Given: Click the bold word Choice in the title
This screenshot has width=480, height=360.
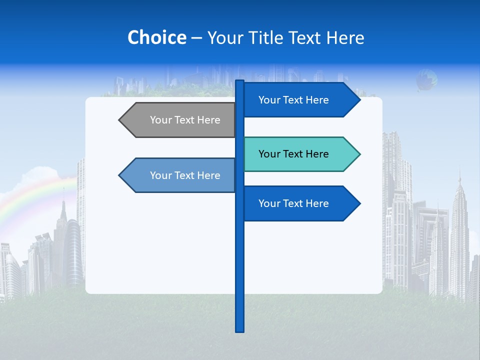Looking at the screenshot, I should click(156, 37).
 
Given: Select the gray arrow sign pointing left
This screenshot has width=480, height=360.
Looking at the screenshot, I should click(180, 120).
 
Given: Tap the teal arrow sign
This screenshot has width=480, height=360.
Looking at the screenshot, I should click(300, 154).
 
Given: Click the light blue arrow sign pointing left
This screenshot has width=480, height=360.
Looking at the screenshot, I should click(180, 175).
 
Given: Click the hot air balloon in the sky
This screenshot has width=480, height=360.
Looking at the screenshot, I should click(426, 80).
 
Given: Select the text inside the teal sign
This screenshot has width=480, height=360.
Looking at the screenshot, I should click(293, 154).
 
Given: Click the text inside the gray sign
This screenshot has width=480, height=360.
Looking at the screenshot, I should click(185, 120).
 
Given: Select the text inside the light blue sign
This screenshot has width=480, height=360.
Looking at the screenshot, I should click(185, 175).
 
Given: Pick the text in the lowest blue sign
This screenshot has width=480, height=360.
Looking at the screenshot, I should click(293, 203).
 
